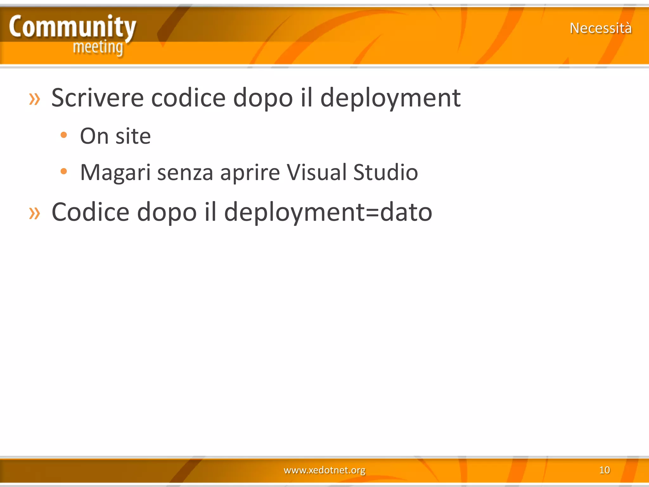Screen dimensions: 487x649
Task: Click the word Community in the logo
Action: point(72,27)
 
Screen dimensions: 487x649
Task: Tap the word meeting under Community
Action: point(98,48)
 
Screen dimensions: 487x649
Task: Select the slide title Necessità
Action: point(601,28)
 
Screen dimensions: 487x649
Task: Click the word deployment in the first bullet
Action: point(390,98)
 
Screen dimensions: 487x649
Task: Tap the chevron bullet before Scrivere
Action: point(35,99)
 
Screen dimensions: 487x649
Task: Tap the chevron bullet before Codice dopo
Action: point(35,213)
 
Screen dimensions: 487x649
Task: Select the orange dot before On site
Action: point(64,135)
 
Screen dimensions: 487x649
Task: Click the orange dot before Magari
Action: point(64,172)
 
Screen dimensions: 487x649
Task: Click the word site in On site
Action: point(133,136)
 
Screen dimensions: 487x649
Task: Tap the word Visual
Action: point(317,172)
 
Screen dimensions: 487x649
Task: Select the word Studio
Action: point(385,172)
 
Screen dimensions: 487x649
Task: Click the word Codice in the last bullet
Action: point(90,212)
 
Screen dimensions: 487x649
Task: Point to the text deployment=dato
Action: point(328,212)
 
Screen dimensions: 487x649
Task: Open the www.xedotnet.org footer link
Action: point(324,470)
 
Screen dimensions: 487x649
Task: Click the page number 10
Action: point(604,470)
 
